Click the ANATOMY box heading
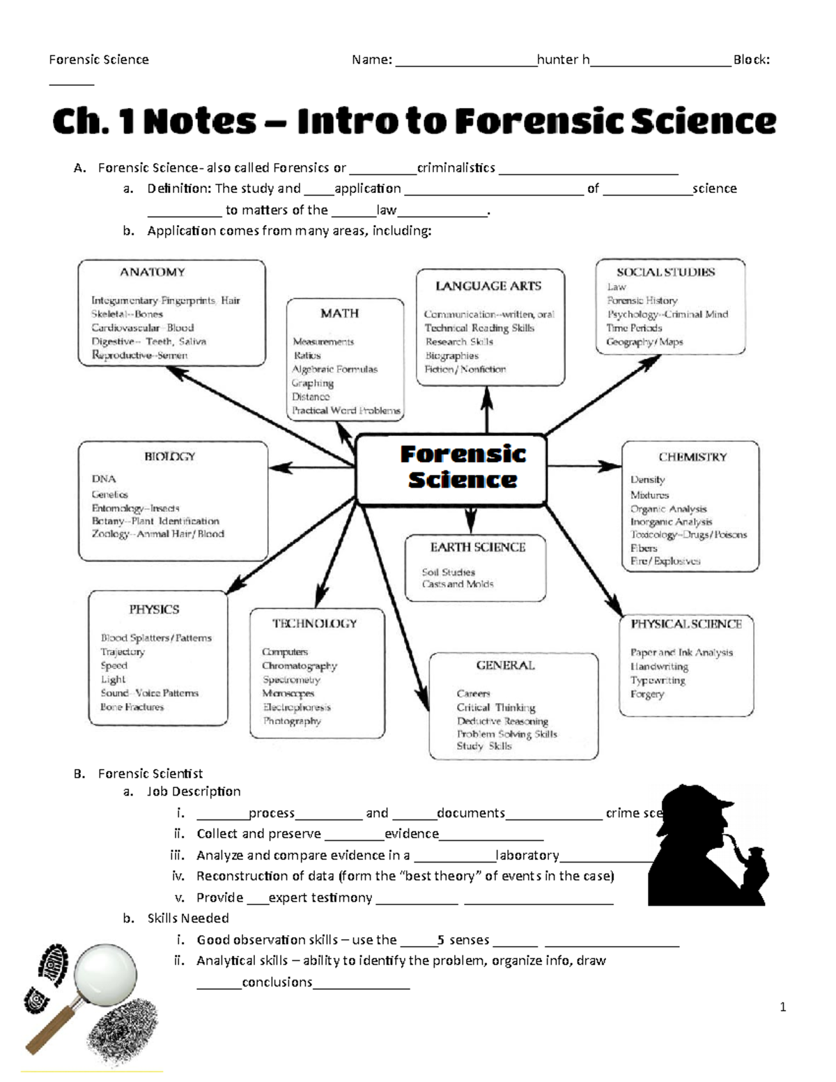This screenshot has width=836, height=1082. (x=152, y=272)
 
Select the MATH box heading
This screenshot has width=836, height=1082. (x=339, y=314)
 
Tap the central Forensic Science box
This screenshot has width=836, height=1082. (x=451, y=468)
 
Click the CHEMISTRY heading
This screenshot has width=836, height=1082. (x=692, y=457)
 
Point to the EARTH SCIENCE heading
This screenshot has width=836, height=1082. (x=477, y=548)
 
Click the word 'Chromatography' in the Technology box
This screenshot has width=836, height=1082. (x=299, y=666)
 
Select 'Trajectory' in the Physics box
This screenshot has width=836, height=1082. (x=123, y=652)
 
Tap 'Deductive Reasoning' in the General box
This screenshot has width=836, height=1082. (x=502, y=721)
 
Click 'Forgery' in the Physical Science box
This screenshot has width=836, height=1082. (x=647, y=695)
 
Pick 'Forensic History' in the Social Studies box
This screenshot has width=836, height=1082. (x=642, y=300)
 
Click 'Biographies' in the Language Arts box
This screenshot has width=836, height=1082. (x=451, y=356)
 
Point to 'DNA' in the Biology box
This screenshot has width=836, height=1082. (x=104, y=479)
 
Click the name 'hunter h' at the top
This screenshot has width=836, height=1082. (x=563, y=60)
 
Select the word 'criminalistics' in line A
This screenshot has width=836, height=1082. (x=456, y=168)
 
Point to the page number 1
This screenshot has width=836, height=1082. (x=783, y=1007)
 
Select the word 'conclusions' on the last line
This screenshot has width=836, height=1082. (x=277, y=982)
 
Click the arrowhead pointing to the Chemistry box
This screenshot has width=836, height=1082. (x=610, y=466)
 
